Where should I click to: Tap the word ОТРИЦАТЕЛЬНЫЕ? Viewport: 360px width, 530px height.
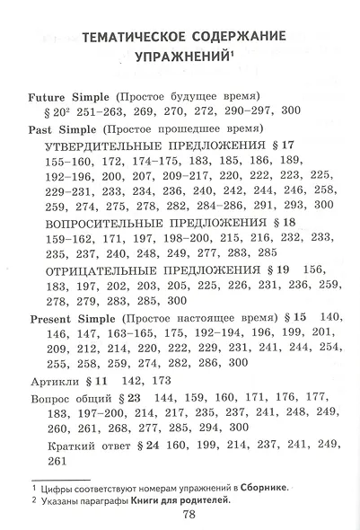102,269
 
